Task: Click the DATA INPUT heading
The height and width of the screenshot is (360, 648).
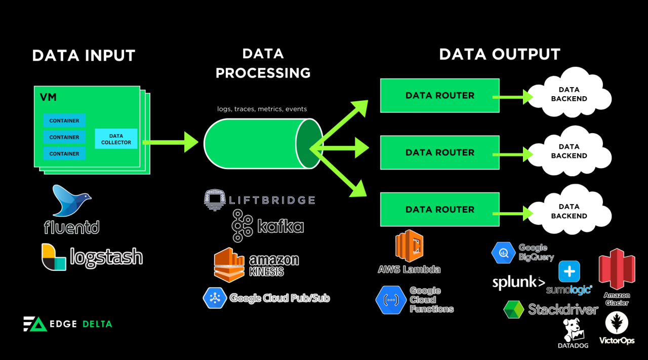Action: coord(84,55)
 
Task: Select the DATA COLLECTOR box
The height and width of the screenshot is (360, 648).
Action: coord(116,139)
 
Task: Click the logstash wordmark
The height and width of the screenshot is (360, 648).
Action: coord(106,257)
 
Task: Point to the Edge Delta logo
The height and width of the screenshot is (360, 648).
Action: coord(67,324)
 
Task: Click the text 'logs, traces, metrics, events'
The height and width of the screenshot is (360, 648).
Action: coord(262,109)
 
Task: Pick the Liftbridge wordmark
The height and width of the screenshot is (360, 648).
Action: coord(272,200)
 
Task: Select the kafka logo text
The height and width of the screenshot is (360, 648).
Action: coord(280,226)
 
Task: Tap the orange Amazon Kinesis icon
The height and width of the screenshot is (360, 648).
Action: coord(229,264)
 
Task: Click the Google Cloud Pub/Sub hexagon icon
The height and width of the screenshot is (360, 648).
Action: coord(214,298)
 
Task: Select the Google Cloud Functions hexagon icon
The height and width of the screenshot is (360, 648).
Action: coord(390,300)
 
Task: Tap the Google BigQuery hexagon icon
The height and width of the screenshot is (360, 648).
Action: coord(503,253)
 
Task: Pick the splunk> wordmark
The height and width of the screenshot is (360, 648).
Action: coord(518,283)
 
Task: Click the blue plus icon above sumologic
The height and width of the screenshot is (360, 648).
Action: coord(569,271)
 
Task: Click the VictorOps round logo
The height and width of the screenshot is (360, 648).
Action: coord(617,323)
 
